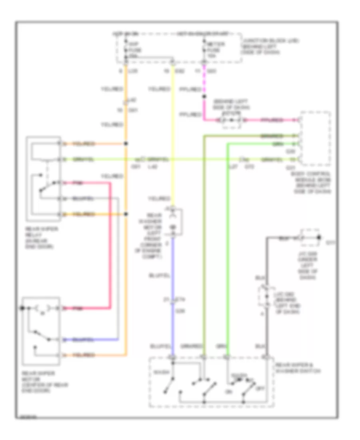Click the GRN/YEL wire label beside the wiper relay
pyautogui.click(x=84, y=159)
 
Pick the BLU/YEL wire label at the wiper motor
pyautogui.click(x=84, y=340)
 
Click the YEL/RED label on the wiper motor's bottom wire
pyautogui.click(x=84, y=355)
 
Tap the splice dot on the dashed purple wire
pyautogui.click(x=204, y=96)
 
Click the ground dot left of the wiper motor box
pyautogui.click(x=23, y=308)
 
